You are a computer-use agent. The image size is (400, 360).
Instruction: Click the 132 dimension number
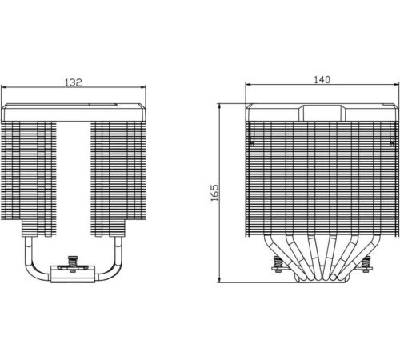pyautogui.click(x=74, y=82)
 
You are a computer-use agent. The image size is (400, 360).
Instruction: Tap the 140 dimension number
pyautogui.click(x=322, y=80)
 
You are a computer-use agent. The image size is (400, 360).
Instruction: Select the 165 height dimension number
pyautogui.click(x=214, y=193)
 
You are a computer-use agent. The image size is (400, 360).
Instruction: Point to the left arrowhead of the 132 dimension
pyautogui.click(x=4, y=87)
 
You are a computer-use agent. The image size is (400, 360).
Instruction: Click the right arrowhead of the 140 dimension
pyautogui.click(x=396, y=84)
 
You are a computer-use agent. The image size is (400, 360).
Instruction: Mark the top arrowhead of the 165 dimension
pyautogui.click(x=219, y=106)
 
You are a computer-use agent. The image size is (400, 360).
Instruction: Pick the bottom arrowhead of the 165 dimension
pyautogui.click(x=219, y=279)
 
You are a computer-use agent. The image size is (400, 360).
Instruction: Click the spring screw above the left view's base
pyautogui.click(x=72, y=264)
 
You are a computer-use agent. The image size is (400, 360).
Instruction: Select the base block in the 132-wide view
pyautogui.click(x=73, y=274)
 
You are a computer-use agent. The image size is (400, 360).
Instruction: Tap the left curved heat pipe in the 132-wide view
pyautogui.click(x=30, y=265)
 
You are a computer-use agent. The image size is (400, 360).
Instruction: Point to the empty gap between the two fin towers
pyautogui.click(x=74, y=178)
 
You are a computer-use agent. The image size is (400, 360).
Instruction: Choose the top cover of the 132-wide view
pyautogui.click(x=74, y=113)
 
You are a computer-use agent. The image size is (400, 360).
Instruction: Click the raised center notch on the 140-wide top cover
pyautogui.click(x=322, y=113)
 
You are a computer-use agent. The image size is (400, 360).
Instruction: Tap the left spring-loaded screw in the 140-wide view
pyautogui.click(x=278, y=264)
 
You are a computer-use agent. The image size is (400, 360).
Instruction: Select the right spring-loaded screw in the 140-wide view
pyautogui.click(x=366, y=264)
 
